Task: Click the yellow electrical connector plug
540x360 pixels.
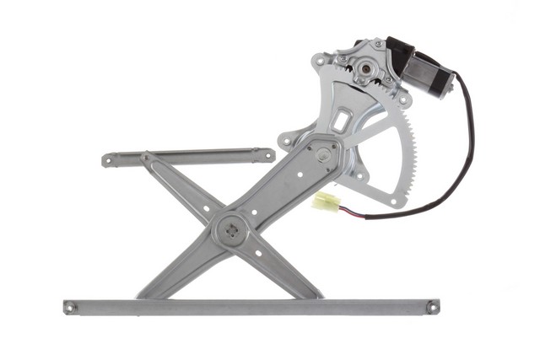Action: click(x=326, y=201)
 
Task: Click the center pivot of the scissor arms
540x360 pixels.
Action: click(x=230, y=228)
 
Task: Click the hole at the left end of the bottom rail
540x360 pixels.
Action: click(x=71, y=307)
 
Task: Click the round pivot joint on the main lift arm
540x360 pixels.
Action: click(x=324, y=154)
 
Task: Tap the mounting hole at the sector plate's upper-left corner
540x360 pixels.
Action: click(x=319, y=62)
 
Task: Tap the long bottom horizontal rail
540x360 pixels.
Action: click(x=253, y=307)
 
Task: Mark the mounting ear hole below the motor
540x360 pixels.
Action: click(x=403, y=99)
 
